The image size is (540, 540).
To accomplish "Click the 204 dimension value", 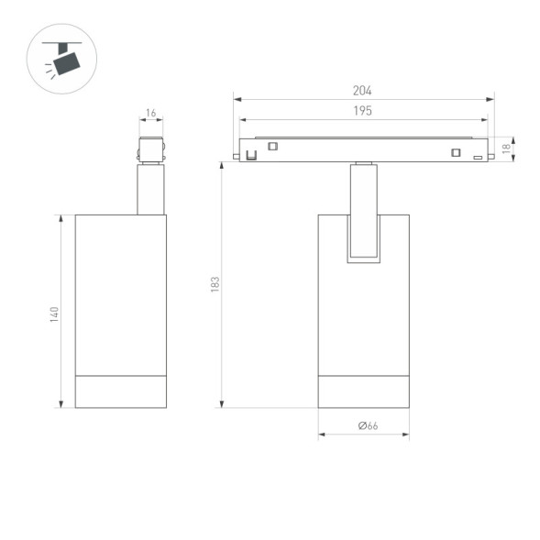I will (x=362, y=91).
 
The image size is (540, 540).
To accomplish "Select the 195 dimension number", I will (x=362, y=111).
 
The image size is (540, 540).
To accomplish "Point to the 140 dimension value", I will (x=54, y=314).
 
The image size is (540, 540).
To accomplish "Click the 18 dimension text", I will (x=505, y=147).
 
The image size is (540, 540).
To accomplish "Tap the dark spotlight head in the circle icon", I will (x=65, y=63).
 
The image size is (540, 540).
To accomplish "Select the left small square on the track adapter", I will (x=272, y=145).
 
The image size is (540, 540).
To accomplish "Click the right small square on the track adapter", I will (x=455, y=152).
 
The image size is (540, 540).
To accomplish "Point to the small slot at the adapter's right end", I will (x=478, y=158).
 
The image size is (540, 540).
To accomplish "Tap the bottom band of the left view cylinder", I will (x=120, y=391).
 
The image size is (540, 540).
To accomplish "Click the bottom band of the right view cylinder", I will (x=363, y=391).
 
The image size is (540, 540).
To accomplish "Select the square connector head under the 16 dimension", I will (x=150, y=150).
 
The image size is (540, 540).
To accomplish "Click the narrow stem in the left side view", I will (x=150, y=190).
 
